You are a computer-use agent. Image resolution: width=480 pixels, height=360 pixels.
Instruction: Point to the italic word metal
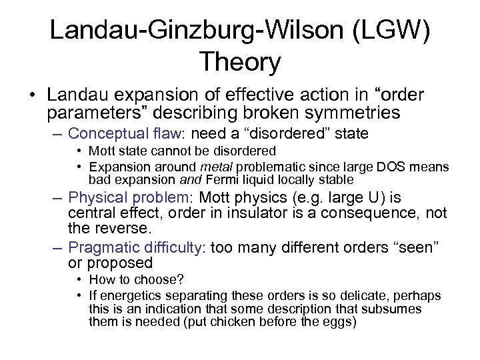point(204,165)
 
